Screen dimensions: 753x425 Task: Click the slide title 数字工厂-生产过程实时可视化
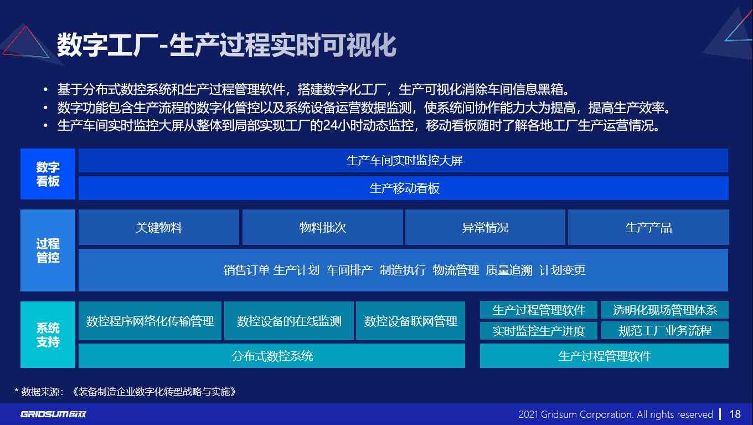tap(226, 45)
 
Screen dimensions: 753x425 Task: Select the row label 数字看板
tap(48, 174)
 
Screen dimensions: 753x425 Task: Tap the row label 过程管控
tap(48, 250)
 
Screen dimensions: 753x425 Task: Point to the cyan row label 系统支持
tap(48, 335)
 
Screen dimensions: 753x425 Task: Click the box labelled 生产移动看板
tap(404, 188)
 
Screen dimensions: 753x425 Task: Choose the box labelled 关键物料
tap(159, 227)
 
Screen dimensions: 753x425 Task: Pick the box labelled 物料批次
tap(322, 227)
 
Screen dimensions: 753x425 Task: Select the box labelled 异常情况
tap(485, 227)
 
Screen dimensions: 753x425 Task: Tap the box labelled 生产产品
tap(648, 227)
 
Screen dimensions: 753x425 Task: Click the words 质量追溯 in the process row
tap(509, 270)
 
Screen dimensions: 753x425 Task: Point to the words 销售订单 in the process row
tap(246, 270)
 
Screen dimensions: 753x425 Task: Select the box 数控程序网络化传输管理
tap(150, 321)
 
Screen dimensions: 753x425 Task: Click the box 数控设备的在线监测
tap(289, 321)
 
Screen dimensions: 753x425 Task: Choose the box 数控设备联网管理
tap(410, 321)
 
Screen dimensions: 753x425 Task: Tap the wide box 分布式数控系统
tap(272, 356)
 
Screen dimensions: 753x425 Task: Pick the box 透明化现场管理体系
tap(664, 310)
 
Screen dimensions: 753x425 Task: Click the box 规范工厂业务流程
tap(664, 330)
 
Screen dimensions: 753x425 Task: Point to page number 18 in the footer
tap(735, 414)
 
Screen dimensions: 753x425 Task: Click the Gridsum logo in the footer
tap(53, 414)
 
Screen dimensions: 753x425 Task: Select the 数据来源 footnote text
tap(125, 392)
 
